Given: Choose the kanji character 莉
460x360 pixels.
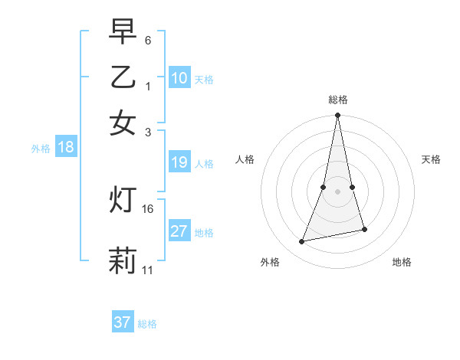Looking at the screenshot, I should pos(123,260).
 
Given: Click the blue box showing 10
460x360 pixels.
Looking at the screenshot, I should pos(179,78).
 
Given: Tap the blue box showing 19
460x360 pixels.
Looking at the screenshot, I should pos(179,162).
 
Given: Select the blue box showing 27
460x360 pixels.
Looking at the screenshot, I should pos(179,231).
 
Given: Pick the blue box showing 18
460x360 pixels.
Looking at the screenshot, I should pos(66,148).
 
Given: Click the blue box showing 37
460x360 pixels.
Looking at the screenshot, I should pos(123,322).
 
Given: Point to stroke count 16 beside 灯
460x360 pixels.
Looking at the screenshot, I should pos(148,208).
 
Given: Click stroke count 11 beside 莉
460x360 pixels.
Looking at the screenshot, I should pos(148,270).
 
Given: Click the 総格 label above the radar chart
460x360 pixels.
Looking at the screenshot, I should pos(337,100).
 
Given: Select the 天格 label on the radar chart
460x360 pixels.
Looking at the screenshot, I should pos(432,159).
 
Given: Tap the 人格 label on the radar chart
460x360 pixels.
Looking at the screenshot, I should pos(245,159).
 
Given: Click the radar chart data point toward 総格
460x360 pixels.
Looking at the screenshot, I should pos(337,116).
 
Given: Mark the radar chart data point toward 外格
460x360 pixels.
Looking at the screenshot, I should pos(302,242).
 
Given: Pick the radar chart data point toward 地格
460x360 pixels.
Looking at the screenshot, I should pos(364,229).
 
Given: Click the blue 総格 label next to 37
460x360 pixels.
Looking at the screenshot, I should pos(147,324).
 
